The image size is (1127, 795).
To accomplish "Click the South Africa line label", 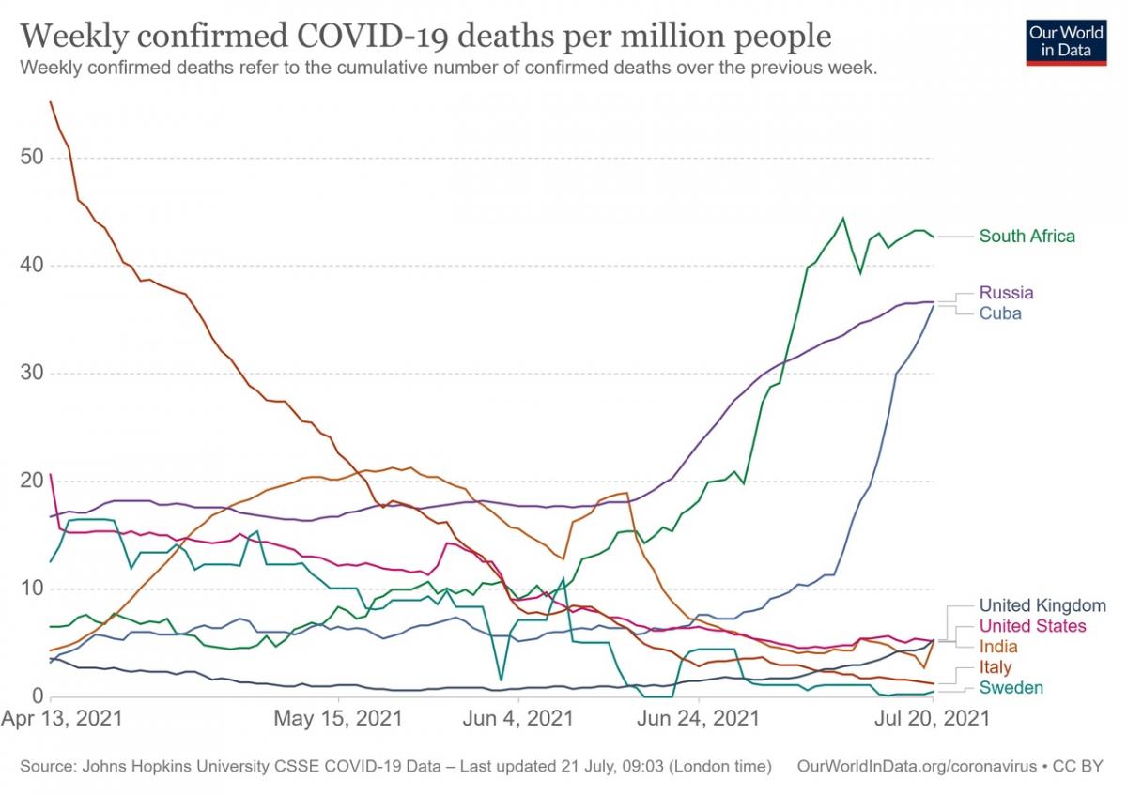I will (1027, 237).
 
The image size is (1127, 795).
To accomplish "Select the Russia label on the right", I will (1006, 293).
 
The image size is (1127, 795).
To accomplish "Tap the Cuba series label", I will (1000, 313).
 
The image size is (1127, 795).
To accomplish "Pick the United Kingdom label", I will (1042, 605).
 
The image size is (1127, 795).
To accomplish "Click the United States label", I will (1032, 626).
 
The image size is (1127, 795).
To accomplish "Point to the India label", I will (998, 647).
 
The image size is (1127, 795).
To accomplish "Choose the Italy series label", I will (996, 668).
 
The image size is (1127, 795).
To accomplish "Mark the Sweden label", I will (1011, 689).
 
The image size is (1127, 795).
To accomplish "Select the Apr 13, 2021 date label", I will (63, 720).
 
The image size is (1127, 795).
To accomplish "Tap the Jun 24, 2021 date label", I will (698, 720).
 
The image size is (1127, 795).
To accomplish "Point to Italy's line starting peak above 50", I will (51, 102).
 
